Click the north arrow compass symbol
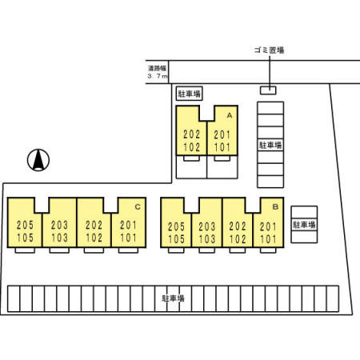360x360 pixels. (38, 160)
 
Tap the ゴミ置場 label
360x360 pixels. (269, 50)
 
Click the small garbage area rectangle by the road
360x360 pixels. (268, 90)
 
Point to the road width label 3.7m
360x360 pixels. (158, 76)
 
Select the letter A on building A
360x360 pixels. (230, 116)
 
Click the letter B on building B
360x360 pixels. (275, 206)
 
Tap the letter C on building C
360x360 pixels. (138, 207)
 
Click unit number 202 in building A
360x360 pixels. (192, 134)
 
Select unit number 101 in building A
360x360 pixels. (222, 147)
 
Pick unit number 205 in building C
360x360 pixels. (25, 225)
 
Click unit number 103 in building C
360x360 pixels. (59, 238)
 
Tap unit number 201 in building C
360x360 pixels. (128, 225)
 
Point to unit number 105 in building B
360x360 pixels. (176, 239)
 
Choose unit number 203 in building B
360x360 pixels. (207, 226)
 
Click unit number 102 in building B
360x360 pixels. (238, 239)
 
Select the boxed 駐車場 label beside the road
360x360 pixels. (190, 94)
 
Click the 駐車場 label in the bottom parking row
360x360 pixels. (174, 298)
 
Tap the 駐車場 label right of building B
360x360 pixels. (304, 225)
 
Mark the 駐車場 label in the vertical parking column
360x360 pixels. (270, 145)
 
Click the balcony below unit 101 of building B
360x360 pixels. (268, 250)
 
